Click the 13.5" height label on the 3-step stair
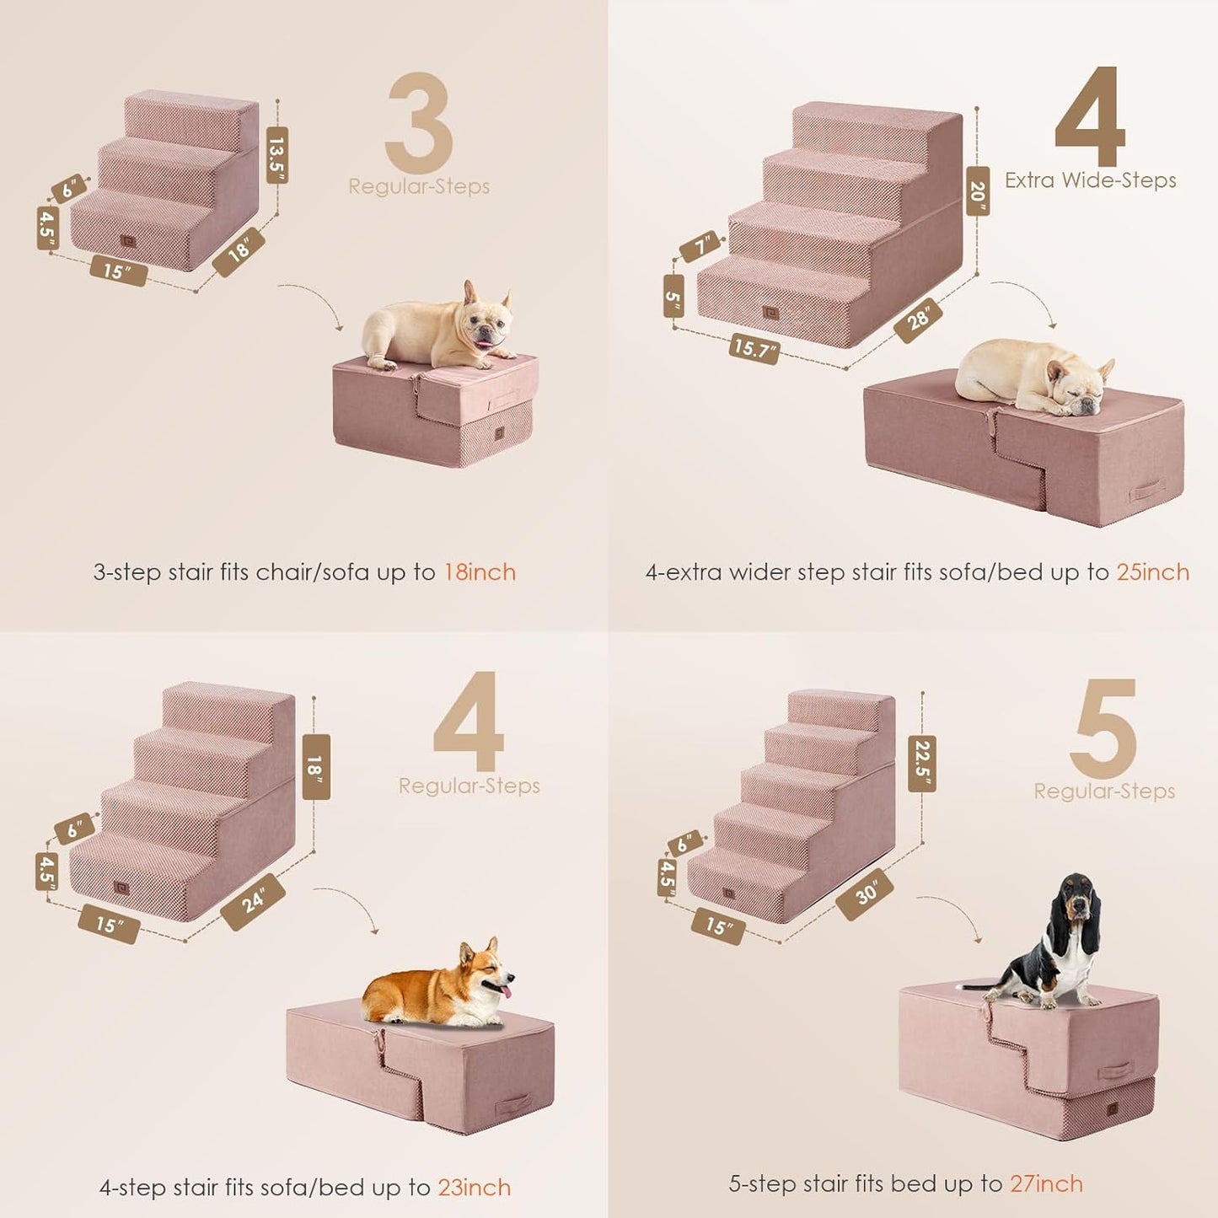pos(277,155)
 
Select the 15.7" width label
pos(754,347)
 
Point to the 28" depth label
pos(918,319)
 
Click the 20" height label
pos(978,191)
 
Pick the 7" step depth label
pos(702,246)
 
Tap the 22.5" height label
pos(922,765)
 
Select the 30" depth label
pos(865,893)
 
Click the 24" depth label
pos(253,902)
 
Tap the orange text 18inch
pos(480,572)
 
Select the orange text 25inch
pos(1152,572)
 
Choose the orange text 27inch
pos(1046,1183)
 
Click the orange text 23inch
pos(474,1188)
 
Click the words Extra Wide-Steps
pos(1090,180)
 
